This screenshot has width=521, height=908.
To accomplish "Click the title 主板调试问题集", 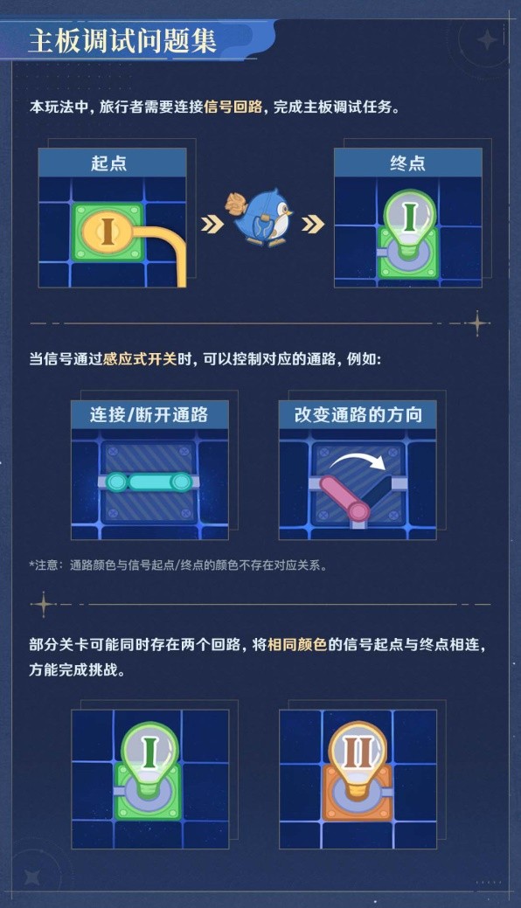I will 122,41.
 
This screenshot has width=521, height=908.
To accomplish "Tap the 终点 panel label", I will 407,163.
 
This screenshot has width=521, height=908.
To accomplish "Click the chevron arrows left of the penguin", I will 212,225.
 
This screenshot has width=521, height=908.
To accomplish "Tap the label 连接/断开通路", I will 149,414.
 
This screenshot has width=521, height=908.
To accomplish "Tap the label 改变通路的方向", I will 358,414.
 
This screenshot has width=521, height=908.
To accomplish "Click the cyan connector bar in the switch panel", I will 149,482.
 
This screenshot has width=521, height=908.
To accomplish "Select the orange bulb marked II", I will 358,763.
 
